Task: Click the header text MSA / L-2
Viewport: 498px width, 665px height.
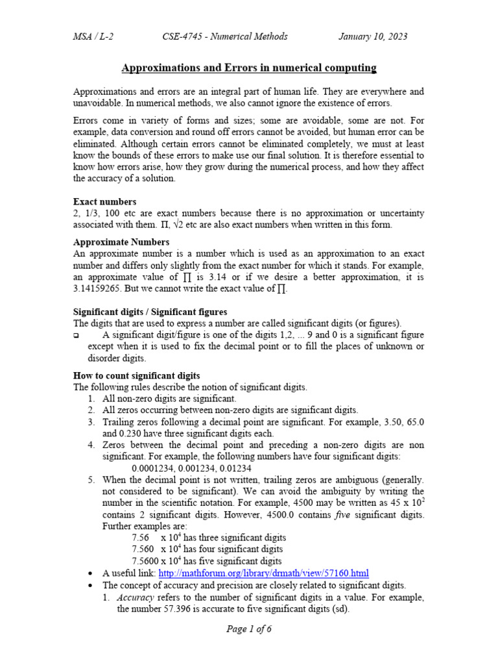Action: coord(94,36)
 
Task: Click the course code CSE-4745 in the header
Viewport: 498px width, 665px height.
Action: coord(183,36)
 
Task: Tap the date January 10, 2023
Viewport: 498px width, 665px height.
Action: coord(373,36)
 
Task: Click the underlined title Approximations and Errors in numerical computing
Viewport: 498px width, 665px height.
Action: coord(250,68)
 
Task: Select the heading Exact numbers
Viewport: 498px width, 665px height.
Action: coord(104,202)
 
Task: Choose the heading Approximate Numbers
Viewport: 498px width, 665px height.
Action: coord(121,242)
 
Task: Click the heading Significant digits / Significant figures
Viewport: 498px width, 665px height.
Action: coord(150,312)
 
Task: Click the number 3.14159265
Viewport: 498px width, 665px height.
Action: coord(101,289)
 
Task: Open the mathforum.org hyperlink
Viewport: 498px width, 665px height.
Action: coord(263,573)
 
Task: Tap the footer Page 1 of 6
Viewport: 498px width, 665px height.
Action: coord(249,629)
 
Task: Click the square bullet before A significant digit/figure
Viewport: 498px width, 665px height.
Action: coord(76,336)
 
